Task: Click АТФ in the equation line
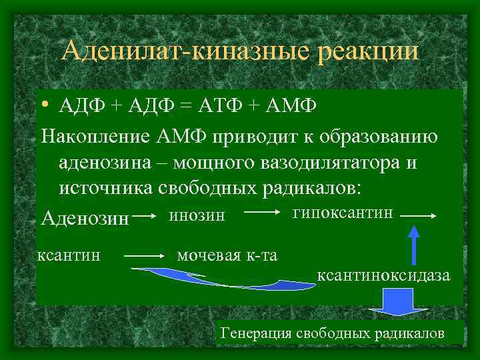click(227, 107)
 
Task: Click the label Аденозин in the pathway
click(85, 218)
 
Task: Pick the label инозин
click(197, 215)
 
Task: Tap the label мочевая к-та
click(227, 254)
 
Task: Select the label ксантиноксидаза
click(383, 275)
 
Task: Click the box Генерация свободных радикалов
click(341, 332)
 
